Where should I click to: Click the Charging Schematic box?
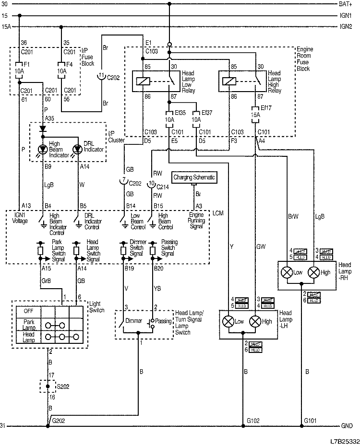click(194, 177)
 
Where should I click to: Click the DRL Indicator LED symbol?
click(77, 150)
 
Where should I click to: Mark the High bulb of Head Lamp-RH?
click(314, 272)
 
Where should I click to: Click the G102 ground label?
click(253, 421)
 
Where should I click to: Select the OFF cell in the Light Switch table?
click(28, 311)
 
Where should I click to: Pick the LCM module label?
click(217, 212)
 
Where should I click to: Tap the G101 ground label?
click(311, 421)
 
